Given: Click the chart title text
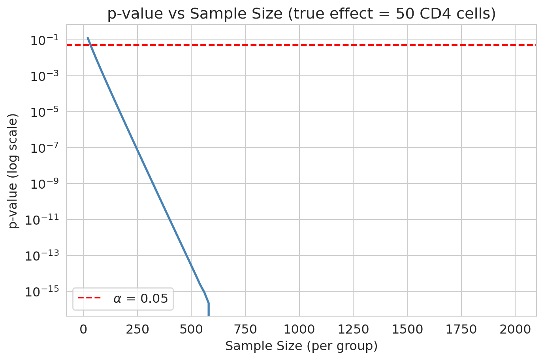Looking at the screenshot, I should [x=301, y=14].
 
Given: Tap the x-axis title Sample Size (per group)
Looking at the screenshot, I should [x=301, y=346].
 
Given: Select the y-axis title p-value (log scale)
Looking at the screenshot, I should [x=14, y=171].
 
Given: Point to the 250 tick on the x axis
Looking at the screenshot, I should [x=137, y=329].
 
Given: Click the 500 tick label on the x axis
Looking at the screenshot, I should [x=191, y=329].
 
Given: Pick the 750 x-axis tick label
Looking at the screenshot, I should [x=245, y=329].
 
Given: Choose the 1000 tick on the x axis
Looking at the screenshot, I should [x=299, y=329].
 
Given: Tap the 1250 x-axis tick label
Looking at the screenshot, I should [x=353, y=329].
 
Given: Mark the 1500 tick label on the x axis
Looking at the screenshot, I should [x=407, y=329].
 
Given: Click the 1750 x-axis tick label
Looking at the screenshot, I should [x=461, y=329].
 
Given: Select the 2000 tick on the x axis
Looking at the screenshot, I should [x=515, y=329].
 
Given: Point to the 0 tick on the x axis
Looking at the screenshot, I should [x=83, y=329].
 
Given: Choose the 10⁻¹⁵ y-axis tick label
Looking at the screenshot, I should [x=42, y=291].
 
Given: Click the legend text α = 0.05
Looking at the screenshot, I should [x=141, y=298].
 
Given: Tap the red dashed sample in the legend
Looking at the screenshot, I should [x=90, y=298].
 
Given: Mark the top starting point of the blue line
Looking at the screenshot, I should [x=88, y=38].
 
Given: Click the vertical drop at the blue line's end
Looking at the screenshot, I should [x=209, y=309].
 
